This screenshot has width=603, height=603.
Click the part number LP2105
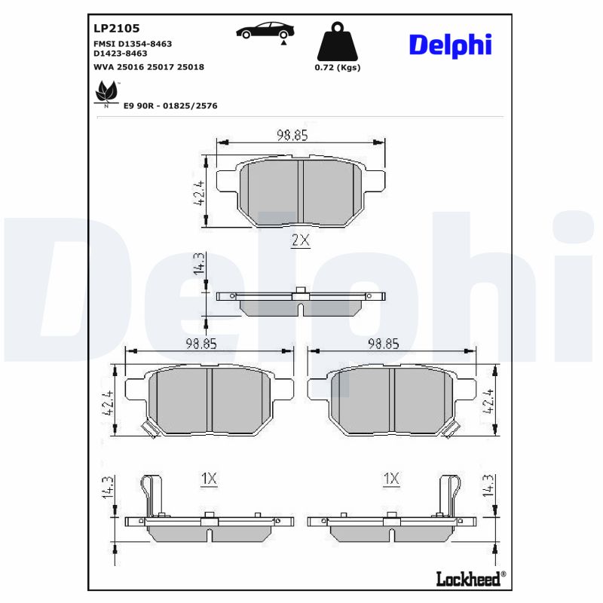[116, 28]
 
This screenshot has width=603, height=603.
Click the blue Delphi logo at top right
[450, 44]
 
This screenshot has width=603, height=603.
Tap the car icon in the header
[265, 31]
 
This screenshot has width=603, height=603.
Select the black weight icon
[337, 44]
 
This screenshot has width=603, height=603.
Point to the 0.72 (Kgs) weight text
[337, 67]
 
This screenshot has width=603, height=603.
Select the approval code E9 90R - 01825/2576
[170, 106]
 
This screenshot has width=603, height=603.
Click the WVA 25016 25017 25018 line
[148, 67]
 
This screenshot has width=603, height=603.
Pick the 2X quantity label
[300, 240]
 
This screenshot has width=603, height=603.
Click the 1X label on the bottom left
[209, 478]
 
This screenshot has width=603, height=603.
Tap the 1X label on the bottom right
[390, 478]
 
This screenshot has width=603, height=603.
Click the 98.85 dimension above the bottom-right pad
[383, 344]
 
